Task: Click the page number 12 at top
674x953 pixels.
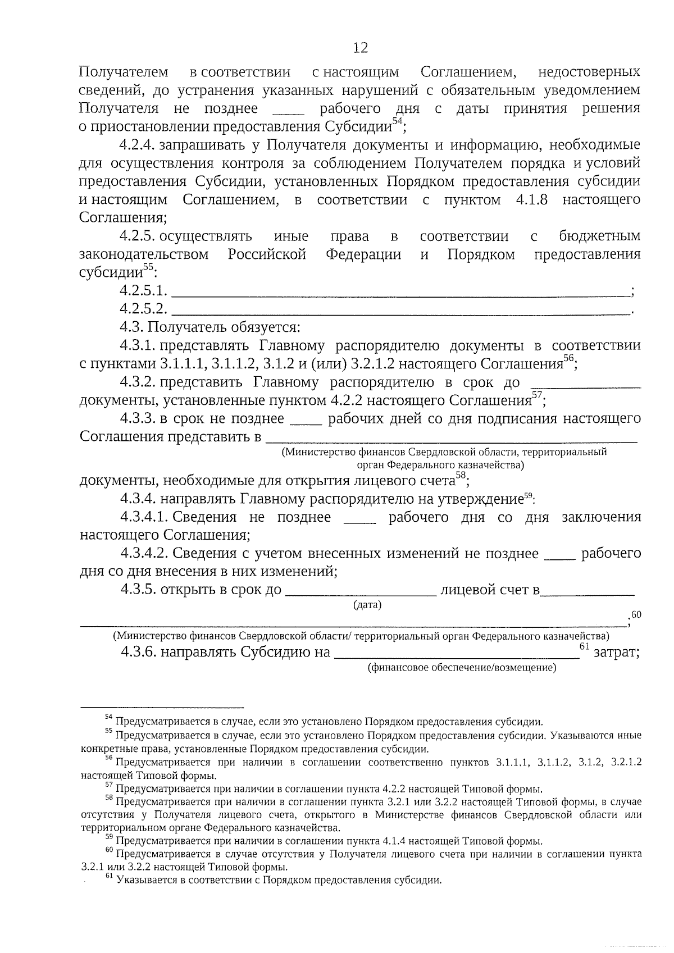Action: pyautogui.click(x=361, y=48)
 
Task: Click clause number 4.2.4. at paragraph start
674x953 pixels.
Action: pyautogui.click(x=137, y=145)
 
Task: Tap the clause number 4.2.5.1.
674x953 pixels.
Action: pyautogui.click(x=143, y=291)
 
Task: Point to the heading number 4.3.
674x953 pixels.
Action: pyautogui.click(x=131, y=327)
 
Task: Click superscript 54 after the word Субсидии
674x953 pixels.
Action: pyautogui.click(x=397, y=121)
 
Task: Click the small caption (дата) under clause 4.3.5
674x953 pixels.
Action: pyautogui.click(x=367, y=605)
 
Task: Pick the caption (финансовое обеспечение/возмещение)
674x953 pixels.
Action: pyautogui.click(x=462, y=668)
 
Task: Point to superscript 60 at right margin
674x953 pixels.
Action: pyautogui.click(x=636, y=615)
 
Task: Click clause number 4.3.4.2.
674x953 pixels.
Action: pyautogui.click(x=144, y=554)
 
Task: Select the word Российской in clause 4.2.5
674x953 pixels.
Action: pyautogui.click(x=267, y=254)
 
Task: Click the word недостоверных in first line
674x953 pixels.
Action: pyautogui.click(x=589, y=72)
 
